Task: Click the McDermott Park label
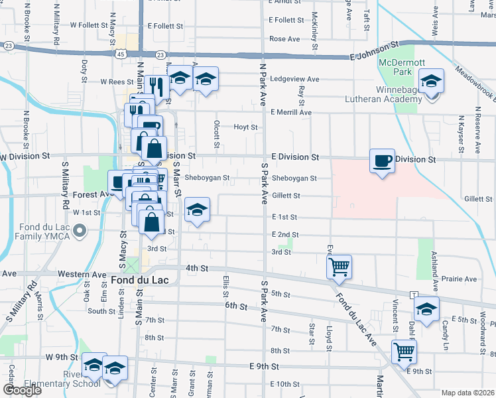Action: pyautogui.click(x=397, y=67)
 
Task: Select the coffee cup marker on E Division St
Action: pyautogui.click(x=382, y=161)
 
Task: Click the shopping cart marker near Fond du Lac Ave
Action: pyautogui.click(x=339, y=267)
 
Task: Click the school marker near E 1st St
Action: pyautogui.click(x=197, y=210)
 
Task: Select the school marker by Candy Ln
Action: pyautogui.click(x=426, y=308)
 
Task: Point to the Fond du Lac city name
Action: pyautogui.click(x=140, y=280)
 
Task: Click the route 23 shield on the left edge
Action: pyautogui.click(x=9, y=46)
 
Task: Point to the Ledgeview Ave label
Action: pyautogui.click(x=294, y=79)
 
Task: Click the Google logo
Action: pyautogui.click(x=22, y=390)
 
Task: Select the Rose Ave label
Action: pyautogui.click(x=284, y=39)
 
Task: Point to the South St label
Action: pyautogui.click(x=101, y=310)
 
